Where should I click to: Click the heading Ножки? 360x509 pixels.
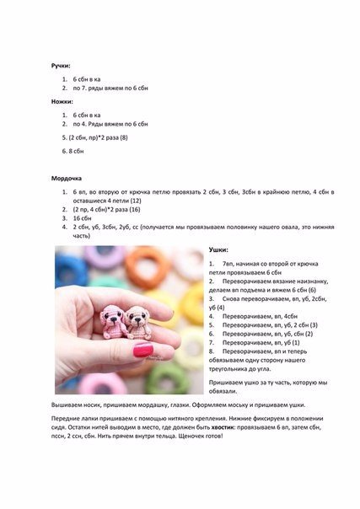(61, 101)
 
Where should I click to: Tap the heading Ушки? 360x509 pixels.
(218, 250)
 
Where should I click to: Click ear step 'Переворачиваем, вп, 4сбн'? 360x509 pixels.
(254, 315)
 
